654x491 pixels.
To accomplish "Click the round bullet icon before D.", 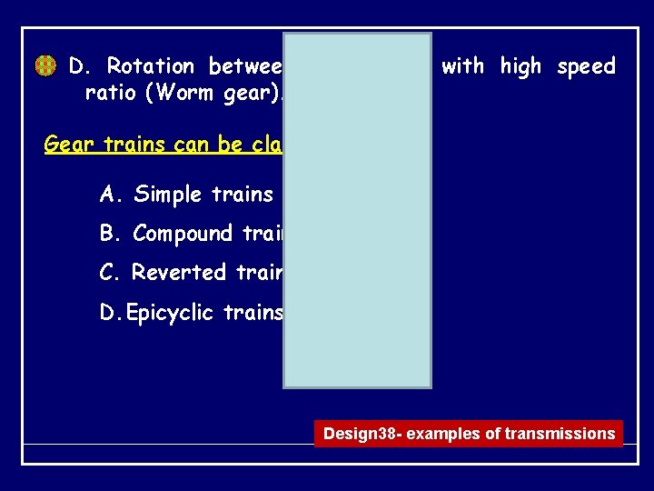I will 45,66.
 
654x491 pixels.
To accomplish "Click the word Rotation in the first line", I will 150,66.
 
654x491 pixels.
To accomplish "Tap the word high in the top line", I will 520,66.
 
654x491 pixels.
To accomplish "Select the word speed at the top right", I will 586,67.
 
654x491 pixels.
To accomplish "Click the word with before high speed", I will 463,66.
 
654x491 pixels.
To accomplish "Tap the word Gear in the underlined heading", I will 68,145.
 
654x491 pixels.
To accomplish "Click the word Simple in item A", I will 169,195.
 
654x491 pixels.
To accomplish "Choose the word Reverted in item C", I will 179,273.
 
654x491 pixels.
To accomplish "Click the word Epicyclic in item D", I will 174,314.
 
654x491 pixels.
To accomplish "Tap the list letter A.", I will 109,195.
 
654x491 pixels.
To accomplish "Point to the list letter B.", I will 109,234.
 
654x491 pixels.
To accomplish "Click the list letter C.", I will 109,273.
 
